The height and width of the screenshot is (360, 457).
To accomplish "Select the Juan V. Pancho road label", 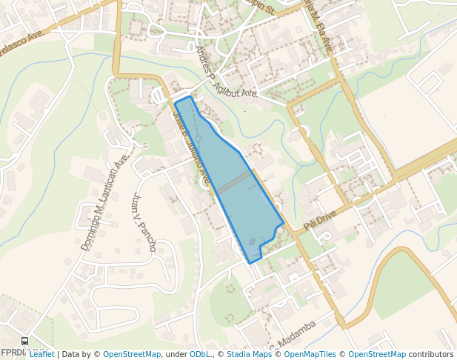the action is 144,222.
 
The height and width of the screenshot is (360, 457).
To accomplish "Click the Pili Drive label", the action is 320,219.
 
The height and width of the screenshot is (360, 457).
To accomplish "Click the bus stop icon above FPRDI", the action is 25,341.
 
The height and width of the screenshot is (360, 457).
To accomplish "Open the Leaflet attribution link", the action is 41,355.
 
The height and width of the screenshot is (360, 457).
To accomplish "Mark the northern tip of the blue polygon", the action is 190,96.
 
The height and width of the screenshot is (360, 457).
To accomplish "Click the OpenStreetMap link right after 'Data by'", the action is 132,355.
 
